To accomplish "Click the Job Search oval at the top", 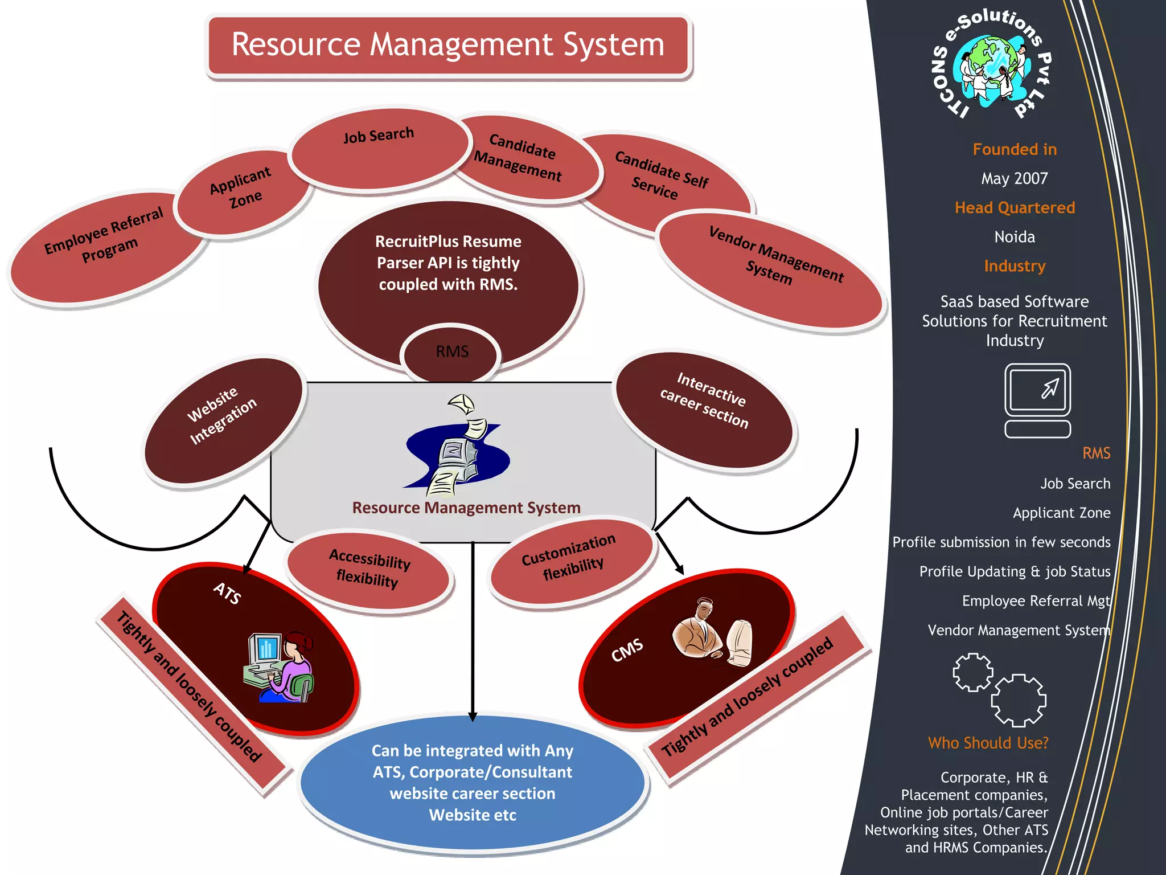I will pos(379,148).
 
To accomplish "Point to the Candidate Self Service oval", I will pos(663,177).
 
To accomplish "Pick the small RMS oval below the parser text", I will pos(451,352).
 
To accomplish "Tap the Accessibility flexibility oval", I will pos(369,570).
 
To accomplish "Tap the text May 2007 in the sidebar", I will pos(1014,178).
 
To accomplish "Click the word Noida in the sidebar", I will pos(1014,237).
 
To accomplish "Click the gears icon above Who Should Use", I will pos(1000,690).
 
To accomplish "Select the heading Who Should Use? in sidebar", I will pos(988,743).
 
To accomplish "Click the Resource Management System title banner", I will pos(448,46).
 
